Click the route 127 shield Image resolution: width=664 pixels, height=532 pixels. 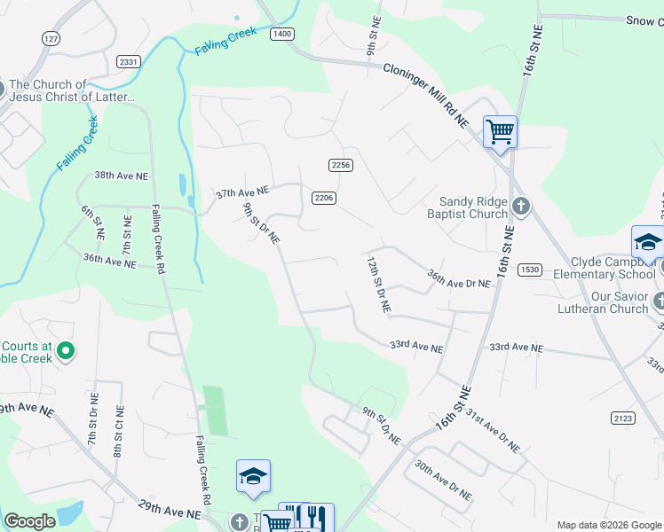coord(51,39)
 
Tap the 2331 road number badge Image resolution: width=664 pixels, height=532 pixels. coord(129,61)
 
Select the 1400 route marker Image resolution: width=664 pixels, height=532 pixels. coord(282,34)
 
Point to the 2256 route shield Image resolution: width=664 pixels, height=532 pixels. coord(341,165)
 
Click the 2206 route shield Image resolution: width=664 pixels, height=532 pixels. coord(323,198)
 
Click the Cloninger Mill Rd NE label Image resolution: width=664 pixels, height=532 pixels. coord(425,97)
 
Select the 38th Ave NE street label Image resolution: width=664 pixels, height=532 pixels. coord(121,176)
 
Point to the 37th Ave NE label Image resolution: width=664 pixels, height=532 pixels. coord(242,192)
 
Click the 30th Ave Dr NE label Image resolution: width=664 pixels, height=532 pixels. coord(442,481)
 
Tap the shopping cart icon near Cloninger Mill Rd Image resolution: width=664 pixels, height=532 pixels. coord(500,132)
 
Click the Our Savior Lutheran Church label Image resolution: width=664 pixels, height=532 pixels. coord(597,302)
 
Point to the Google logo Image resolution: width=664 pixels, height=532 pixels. coord(29,521)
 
